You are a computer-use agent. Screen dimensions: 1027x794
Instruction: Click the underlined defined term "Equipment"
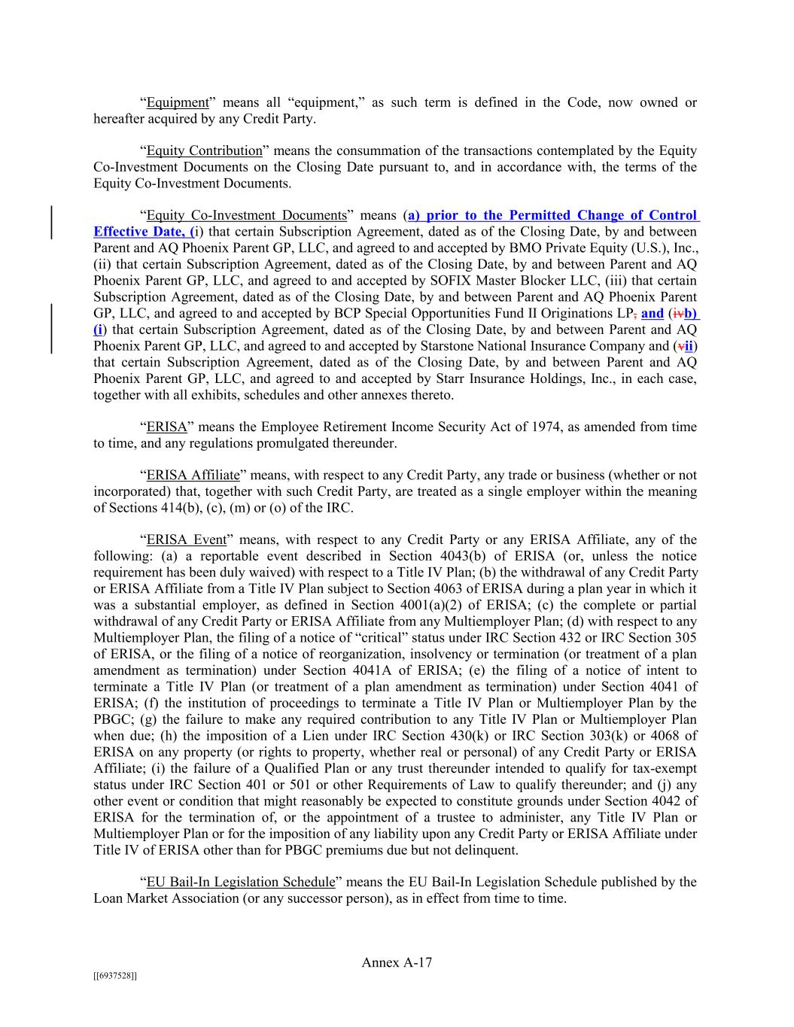[177, 102]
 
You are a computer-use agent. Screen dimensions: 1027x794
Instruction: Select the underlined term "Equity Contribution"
[204, 150]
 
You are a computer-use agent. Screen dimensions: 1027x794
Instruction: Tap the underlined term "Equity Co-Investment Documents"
[246, 215]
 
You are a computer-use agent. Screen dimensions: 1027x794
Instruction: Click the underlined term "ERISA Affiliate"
[193, 475]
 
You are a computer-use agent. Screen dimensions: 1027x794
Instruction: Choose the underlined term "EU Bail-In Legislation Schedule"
[240, 882]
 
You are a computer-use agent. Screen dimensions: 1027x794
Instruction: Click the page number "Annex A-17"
[397, 962]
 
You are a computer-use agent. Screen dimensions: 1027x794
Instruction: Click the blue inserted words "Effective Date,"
[141, 232]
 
